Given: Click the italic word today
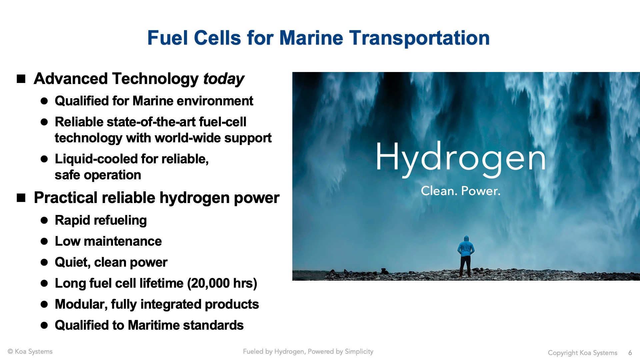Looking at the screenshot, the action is tap(224, 79).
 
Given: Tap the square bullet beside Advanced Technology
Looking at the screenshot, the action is tap(21, 79).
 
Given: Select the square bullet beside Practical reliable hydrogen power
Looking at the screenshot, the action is tap(21, 198).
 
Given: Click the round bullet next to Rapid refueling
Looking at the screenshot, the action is tap(44, 220).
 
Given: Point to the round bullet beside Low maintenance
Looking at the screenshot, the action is tap(44, 241).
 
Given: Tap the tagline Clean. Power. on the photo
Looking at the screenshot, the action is tap(461, 191).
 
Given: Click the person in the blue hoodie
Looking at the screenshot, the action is tap(466, 256).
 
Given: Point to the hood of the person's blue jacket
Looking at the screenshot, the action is tap(466, 239).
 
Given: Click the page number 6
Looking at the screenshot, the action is tap(630, 353).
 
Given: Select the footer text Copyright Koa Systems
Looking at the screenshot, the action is tap(583, 353).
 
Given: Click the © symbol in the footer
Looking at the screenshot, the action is tap(10, 351).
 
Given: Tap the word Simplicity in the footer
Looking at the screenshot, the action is tap(359, 352).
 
